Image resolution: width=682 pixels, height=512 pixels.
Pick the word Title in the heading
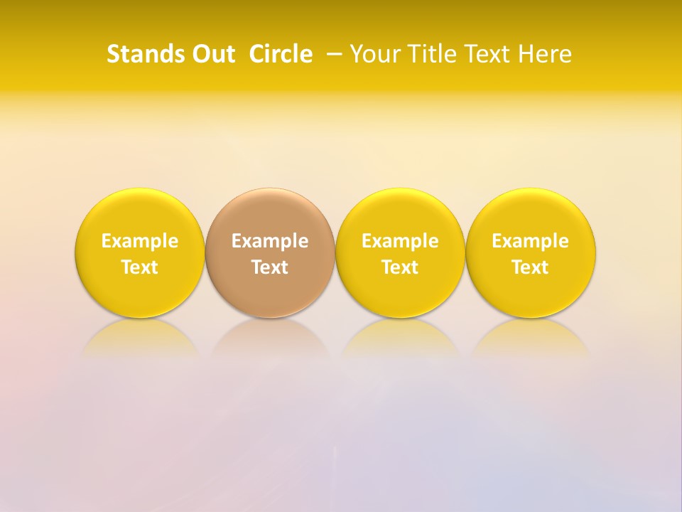(426, 54)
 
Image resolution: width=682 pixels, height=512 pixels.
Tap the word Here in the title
(545, 54)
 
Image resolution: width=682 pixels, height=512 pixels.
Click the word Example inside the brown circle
(270, 241)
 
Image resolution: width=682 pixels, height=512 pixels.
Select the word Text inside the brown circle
(270, 267)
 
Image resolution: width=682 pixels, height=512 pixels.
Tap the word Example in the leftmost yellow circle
(140, 241)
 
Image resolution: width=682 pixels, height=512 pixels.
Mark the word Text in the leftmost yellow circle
(140, 267)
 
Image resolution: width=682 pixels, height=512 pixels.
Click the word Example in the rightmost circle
(531, 241)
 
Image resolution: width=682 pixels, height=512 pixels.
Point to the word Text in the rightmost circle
(531, 267)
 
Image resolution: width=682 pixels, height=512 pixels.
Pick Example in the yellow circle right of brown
(400, 241)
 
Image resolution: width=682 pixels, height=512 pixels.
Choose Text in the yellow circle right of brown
(400, 267)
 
